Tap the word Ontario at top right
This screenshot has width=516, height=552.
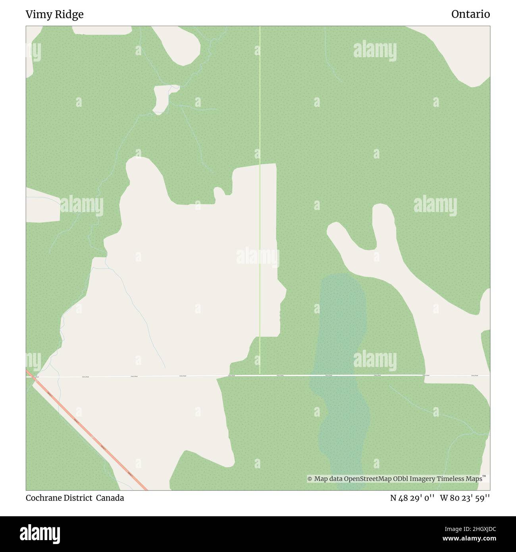click(470, 14)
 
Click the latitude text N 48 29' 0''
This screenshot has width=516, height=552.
click(413, 498)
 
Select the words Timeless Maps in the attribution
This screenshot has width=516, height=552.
click(460, 479)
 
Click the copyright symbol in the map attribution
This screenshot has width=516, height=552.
click(310, 479)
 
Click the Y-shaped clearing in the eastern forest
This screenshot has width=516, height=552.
click(381, 254)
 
